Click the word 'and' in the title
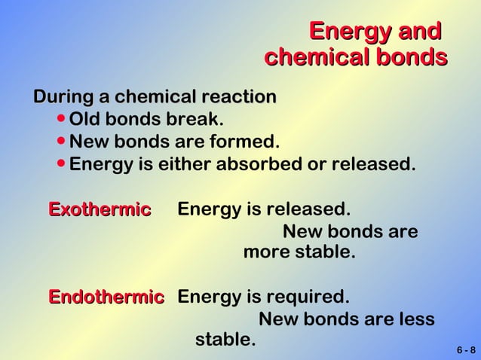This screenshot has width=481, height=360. point(417,32)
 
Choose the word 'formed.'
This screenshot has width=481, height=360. point(249,142)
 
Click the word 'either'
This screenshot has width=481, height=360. point(184,163)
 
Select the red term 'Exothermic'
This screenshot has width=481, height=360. point(100,209)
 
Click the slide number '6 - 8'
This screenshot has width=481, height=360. point(466,350)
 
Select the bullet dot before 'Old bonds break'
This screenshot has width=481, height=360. point(61,120)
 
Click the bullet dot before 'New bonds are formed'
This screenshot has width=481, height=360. point(61,142)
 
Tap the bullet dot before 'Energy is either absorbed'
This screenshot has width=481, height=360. point(61,163)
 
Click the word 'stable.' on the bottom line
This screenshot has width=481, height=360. point(225,340)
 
